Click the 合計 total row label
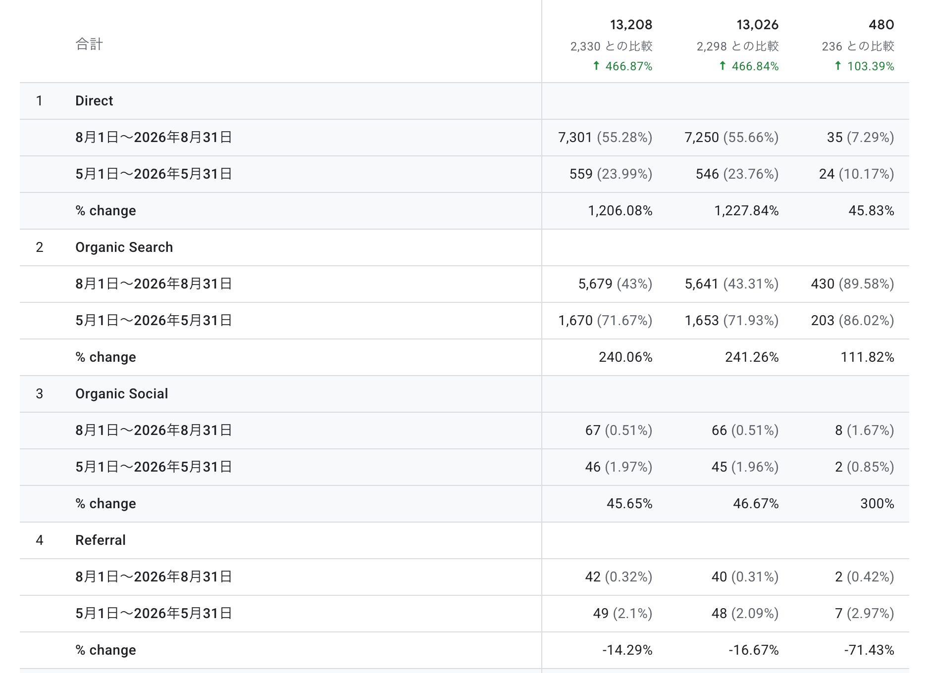pyautogui.click(x=89, y=45)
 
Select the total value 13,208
pyautogui.click(x=631, y=25)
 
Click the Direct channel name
pyautogui.click(x=94, y=101)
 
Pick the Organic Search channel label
pyautogui.click(x=124, y=247)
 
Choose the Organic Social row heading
pyautogui.click(x=122, y=394)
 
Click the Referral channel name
pyautogui.click(x=101, y=540)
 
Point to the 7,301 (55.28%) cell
pyautogui.click(x=605, y=138)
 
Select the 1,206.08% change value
pyautogui.click(x=620, y=211)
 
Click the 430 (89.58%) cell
pyautogui.click(x=852, y=284)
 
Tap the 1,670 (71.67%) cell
pyautogui.click(x=605, y=321)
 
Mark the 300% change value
pyautogui.click(x=877, y=504)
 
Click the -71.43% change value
pyautogui.click(x=869, y=650)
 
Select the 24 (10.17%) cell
pyautogui.click(x=856, y=174)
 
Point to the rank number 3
pyautogui.click(x=40, y=394)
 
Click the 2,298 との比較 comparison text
pyautogui.click(x=737, y=47)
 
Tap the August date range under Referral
pyautogui.click(x=154, y=577)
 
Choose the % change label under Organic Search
pyautogui.click(x=105, y=357)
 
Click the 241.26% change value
pyautogui.click(x=752, y=357)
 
